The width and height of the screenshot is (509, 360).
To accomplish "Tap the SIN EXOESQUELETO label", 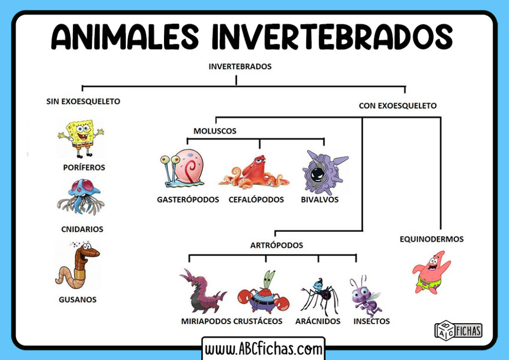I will (x=83, y=101).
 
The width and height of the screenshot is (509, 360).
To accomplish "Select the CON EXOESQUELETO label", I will (x=398, y=105).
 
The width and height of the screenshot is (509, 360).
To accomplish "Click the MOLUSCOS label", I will (x=215, y=131).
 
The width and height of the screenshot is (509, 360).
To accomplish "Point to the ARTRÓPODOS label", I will (x=277, y=245).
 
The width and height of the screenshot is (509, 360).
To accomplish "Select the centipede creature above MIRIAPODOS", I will (x=201, y=291).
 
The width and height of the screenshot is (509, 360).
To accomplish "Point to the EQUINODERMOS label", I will (x=431, y=239).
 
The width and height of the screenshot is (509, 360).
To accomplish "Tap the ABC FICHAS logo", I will (x=458, y=330).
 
